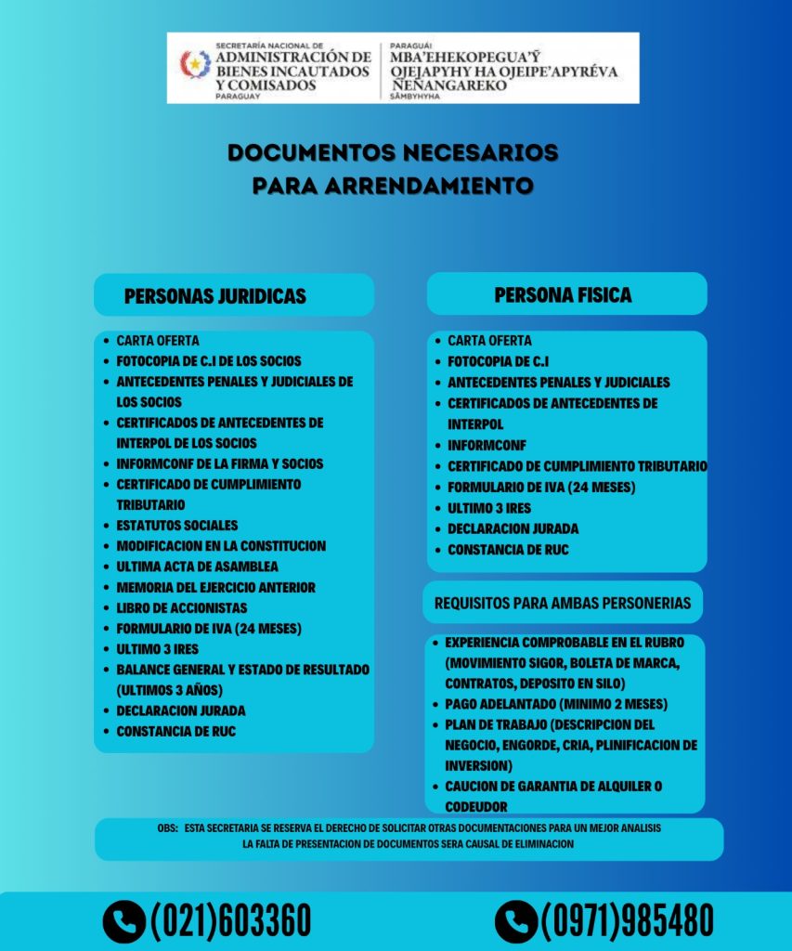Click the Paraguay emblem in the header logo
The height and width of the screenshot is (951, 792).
coord(195,65)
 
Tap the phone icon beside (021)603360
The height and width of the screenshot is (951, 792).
coord(123,920)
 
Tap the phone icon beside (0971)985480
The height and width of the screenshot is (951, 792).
coord(516,920)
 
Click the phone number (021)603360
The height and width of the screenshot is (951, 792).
coord(230,920)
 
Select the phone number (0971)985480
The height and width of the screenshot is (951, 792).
coord(627,920)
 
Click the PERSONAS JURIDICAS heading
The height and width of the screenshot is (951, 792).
coord(214,296)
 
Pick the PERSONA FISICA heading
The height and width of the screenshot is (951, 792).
coord(563,294)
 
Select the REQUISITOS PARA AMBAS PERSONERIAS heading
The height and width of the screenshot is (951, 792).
coord(563,603)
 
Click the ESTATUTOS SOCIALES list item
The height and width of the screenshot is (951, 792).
coord(176,526)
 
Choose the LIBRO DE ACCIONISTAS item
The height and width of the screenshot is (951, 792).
coord(181,608)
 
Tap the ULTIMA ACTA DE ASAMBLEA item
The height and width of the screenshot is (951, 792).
coord(197,567)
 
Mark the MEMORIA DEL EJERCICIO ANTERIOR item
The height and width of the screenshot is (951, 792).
coord(215,588)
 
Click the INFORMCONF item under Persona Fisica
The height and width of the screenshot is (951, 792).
coord(487,445)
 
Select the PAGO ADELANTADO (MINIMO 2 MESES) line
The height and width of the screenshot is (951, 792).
coord(556,704)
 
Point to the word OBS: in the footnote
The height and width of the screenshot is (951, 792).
coord(167,827)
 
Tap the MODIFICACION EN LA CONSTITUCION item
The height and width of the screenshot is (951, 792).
coord(221,546)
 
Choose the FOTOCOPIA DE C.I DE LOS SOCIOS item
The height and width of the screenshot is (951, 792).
coord(208,361)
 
